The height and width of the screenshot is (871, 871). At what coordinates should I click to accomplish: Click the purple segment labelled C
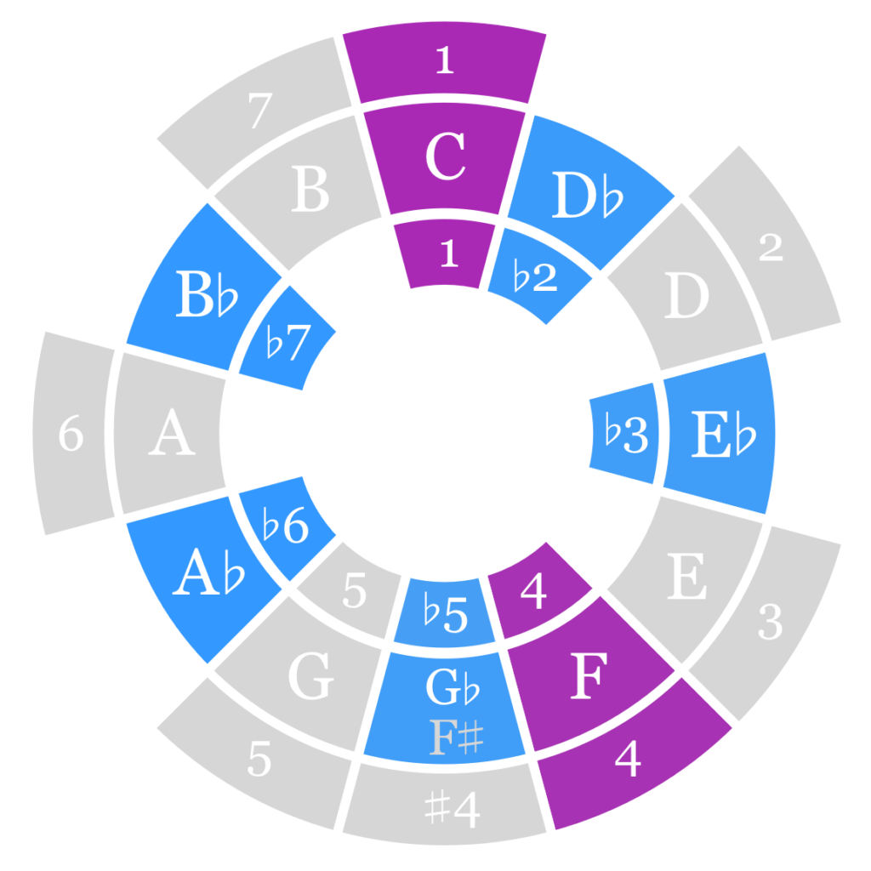[x=444, y=158]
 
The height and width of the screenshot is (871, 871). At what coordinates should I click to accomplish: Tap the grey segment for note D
[x=686, y=298]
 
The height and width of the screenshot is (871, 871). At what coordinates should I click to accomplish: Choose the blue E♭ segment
[x=721, y=435]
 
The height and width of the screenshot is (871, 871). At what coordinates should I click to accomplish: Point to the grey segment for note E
[x=686, y=578]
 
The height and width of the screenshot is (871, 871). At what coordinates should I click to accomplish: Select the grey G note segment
[x=308, y=680]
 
